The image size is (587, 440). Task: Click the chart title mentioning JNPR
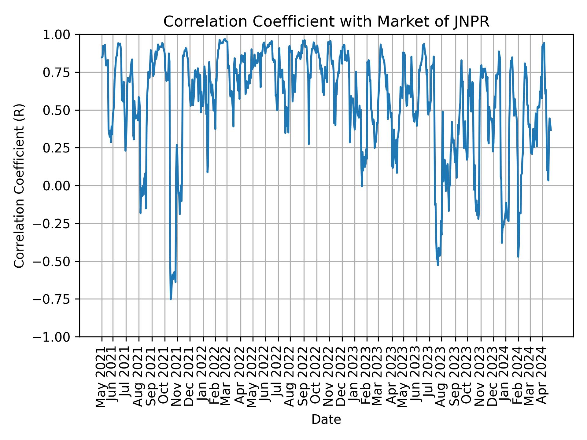(326, 22)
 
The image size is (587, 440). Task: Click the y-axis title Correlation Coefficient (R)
(19, 185)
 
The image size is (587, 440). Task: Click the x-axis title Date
(326, 420)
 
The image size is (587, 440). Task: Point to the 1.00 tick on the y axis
(60, 35)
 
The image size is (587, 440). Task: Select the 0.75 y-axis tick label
(60, 72)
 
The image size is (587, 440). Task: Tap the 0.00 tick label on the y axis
(60, 186)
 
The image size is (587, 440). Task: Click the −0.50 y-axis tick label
(57, 261)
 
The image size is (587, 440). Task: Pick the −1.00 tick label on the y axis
(57, 337)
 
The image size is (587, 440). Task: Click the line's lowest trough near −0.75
(171, 299)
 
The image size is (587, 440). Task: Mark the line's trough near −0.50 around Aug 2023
(438, 265)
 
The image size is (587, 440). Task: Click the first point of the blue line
(102, 57)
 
